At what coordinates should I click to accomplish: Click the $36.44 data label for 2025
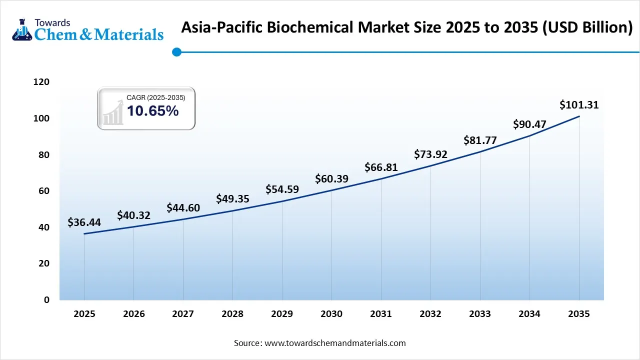[84, 222]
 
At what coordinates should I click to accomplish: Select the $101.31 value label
[579, 105]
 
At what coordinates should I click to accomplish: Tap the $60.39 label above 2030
[331, 178]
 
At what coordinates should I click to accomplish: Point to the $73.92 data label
[430, 154]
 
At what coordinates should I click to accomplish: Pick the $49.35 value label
[232, 199]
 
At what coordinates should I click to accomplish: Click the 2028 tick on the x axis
[232, 314]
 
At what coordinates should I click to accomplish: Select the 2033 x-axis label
[480, 314]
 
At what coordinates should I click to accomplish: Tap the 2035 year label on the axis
[579, 314]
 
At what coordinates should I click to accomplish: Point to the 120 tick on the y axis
[41, 82]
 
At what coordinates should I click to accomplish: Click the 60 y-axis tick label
[44, 191]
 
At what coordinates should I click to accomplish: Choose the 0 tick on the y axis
[46, 299]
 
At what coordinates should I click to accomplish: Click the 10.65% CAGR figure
[152, 111]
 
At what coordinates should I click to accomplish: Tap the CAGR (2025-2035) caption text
[155, 97]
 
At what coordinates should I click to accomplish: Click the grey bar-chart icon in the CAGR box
[113, 112]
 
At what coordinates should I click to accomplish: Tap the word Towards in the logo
[52, 22]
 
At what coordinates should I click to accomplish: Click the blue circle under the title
[176, 51]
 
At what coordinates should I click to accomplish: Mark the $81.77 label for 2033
[480, 140]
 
